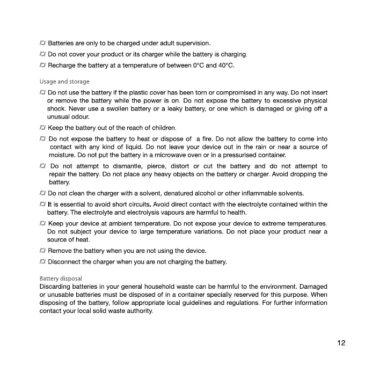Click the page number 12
(341, 344)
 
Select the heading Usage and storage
(64, 82)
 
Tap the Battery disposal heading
(61, 279)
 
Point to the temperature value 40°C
(226, 66)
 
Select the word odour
(79, 116)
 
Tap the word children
(162, 128)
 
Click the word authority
(137, 311)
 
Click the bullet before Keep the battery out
(42, 128)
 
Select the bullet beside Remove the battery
(42, 251)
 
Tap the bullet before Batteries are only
(42, 43)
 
